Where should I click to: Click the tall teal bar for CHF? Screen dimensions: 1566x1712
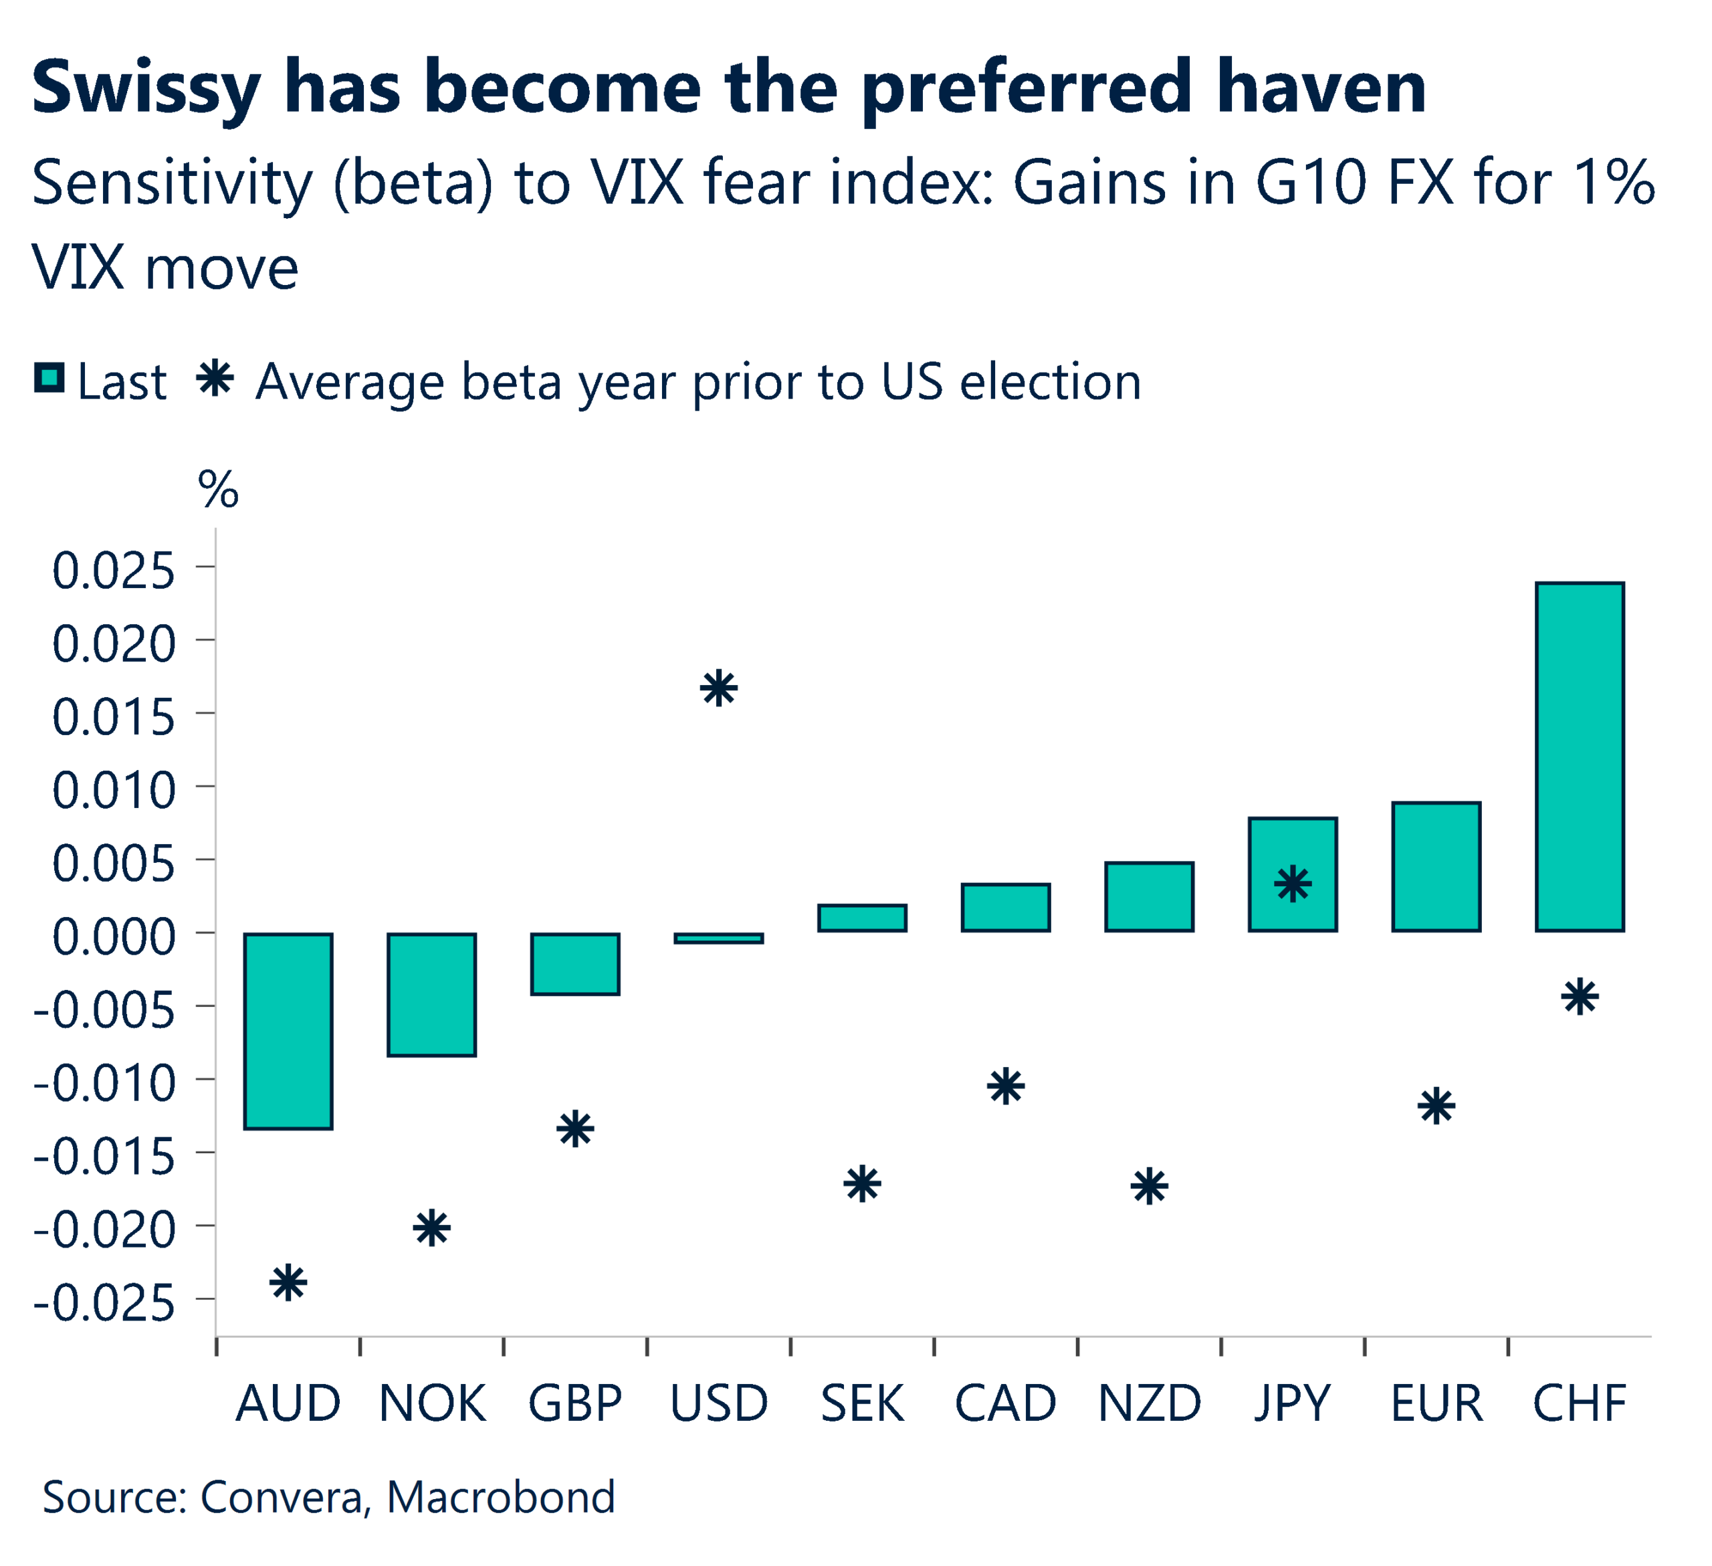point(1579,757)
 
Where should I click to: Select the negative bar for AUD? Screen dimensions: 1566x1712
point(288,1031)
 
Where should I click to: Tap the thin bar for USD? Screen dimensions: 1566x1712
point(718,938)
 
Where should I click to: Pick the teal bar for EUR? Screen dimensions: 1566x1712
point(1436,866)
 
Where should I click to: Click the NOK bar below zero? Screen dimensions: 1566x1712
point(431,995)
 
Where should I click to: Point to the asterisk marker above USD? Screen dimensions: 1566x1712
point(718,688)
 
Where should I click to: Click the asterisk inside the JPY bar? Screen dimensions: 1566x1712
point(1293,885)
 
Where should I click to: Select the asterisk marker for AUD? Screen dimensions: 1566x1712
point(288,1282)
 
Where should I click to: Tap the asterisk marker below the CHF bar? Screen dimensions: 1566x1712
point(1580,997)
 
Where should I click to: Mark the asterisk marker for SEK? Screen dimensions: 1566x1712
point(862,1184)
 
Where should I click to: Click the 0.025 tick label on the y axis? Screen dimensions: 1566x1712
point(114,571)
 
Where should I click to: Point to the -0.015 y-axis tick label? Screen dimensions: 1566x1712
point(104,1157)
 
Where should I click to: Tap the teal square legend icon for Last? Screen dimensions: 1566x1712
point(49,378)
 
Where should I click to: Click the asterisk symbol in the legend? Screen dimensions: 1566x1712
point(215,378)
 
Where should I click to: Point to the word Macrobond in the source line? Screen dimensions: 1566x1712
point(500,1496)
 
